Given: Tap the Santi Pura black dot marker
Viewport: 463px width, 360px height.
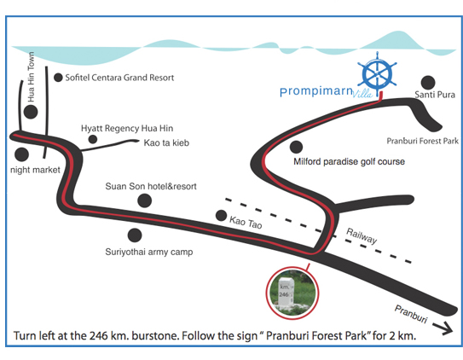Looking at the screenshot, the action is [x=428, y=83].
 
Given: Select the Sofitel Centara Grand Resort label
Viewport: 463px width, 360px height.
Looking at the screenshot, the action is [x=119, y=78].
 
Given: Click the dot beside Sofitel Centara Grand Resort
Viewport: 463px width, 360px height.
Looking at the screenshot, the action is [x=58, y=78].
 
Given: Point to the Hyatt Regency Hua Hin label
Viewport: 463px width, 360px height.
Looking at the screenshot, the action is [x=127, y=129].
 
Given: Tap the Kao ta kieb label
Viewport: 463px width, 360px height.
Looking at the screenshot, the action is [x=166, y=143].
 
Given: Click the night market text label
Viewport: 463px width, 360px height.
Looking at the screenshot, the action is [x=35, y=170].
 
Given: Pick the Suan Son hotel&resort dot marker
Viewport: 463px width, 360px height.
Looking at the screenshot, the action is [x=145, y=200].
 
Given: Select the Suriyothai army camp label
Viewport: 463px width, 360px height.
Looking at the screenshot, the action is [x=149, y=252].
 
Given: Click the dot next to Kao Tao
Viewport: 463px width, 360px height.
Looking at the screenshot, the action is [x=221, y=216].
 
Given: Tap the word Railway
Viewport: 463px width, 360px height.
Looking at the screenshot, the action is [x=362, y=236].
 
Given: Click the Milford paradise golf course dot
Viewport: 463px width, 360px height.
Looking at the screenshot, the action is [x=296, y=147].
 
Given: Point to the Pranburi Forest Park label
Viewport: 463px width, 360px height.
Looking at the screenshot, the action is [x=423, y=141].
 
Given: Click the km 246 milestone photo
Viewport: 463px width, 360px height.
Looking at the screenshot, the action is [x=292, y=293].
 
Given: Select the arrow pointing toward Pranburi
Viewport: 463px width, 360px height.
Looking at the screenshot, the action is [x=443, y=328].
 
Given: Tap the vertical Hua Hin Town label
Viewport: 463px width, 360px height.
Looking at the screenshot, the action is [x=31, y=77].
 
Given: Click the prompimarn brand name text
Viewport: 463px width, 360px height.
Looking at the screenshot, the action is [x=316, y=91].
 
